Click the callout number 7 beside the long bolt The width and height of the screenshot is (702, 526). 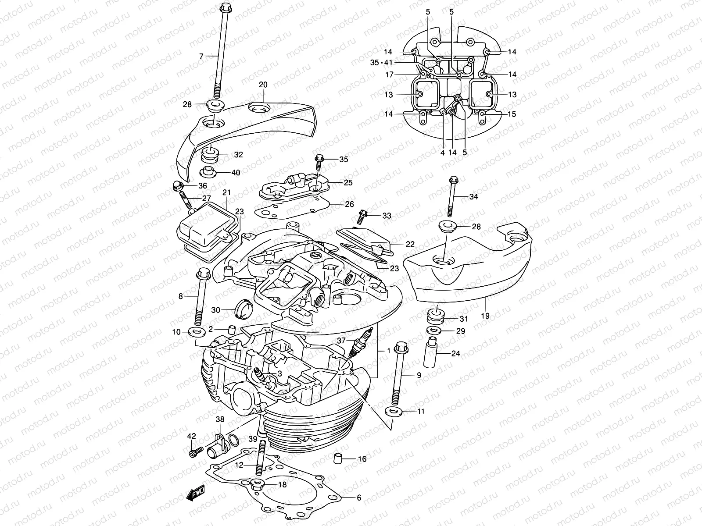point(201,56)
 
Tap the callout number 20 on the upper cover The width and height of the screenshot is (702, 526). point(263,84)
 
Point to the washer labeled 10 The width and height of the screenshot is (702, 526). point(197,332)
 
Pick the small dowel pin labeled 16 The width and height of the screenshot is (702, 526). point(337,459)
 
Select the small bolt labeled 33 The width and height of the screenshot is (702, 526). point(363,216)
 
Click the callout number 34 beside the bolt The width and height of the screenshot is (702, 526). point(473,197)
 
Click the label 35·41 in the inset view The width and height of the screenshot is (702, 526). point(380,63)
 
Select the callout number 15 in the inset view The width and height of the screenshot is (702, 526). point(512,114)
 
